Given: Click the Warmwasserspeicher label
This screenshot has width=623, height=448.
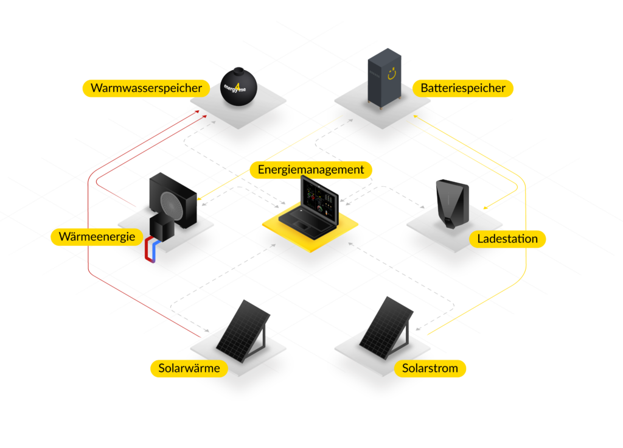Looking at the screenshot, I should (146, 88).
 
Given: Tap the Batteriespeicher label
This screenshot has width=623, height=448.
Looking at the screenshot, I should (463, 88).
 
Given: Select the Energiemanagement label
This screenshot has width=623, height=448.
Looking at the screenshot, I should (311, 170).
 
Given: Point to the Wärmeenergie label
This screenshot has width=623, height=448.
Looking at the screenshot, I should (97, 237).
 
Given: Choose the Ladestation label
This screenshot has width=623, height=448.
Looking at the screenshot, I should (507, 239).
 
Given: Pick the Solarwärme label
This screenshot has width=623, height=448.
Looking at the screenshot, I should (189, 368).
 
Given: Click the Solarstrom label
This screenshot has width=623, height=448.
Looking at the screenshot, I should (430, 368).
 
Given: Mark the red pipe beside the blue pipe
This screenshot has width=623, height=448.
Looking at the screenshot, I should (148, 251).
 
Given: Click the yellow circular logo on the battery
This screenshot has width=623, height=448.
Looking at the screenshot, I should (399, 73).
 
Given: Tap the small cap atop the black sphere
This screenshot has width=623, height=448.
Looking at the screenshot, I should (238, 70).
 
